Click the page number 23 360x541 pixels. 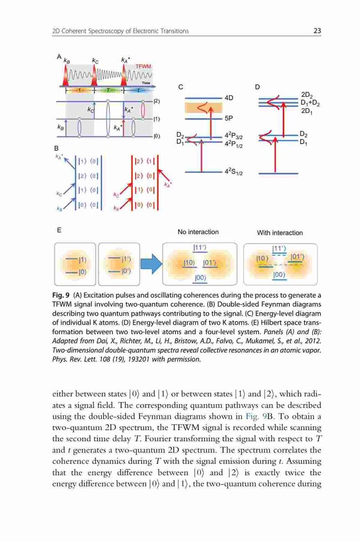[317, 31]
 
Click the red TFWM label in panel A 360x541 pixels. [143, 66]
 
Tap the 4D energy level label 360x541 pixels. [229, 98]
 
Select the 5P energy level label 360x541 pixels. [229, 118]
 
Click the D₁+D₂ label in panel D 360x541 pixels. [310, 103]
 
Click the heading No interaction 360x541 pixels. [198, 232]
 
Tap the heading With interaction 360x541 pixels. [279, 233]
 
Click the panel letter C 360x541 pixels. [181, 87]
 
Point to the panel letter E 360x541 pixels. [59, 230]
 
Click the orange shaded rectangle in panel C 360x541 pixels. [203, 108]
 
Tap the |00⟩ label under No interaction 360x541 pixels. [201, 278]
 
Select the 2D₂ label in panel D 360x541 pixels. [306, 95]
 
